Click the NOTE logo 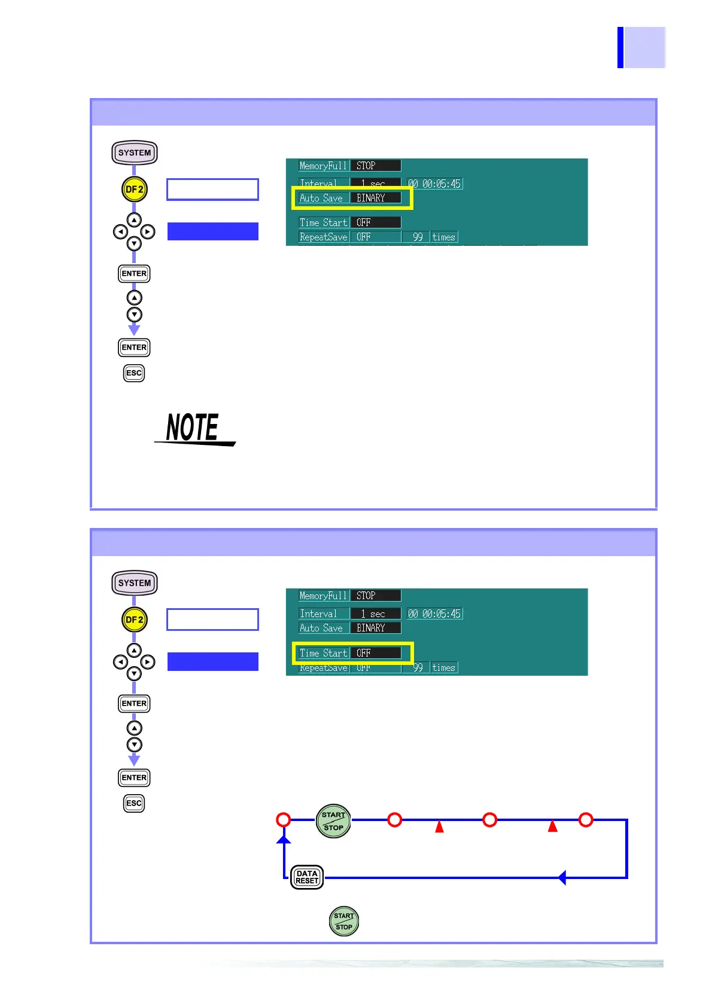(193, 428)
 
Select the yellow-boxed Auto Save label (321, 198)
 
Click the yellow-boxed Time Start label (323, 653)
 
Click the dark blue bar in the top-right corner (620, 47)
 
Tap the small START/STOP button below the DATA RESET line (344, 921)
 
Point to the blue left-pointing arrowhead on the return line (562, 878)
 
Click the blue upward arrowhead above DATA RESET (284, 840)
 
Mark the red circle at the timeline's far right (586, 820)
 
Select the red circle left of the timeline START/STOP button (284, 820)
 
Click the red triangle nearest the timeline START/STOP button (439, 826)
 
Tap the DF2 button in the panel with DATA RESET (134, 620)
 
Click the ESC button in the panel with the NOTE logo (134, 373)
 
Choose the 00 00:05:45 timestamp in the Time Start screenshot (435, 614)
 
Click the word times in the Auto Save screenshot (444, 237)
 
